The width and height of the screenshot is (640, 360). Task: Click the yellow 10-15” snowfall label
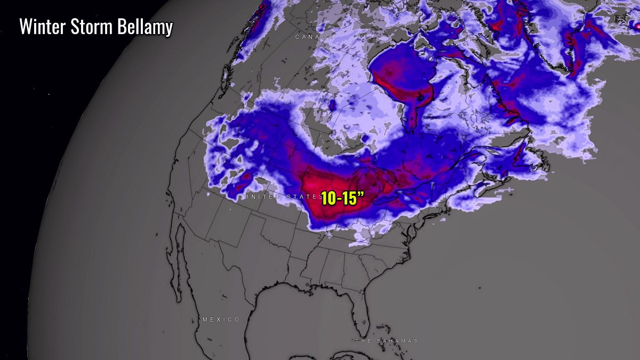[342, 198]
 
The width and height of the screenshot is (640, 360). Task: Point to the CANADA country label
[314, 37]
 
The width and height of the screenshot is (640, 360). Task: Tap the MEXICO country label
[221, 319]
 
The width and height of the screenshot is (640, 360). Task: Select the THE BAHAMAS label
[387, 341]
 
